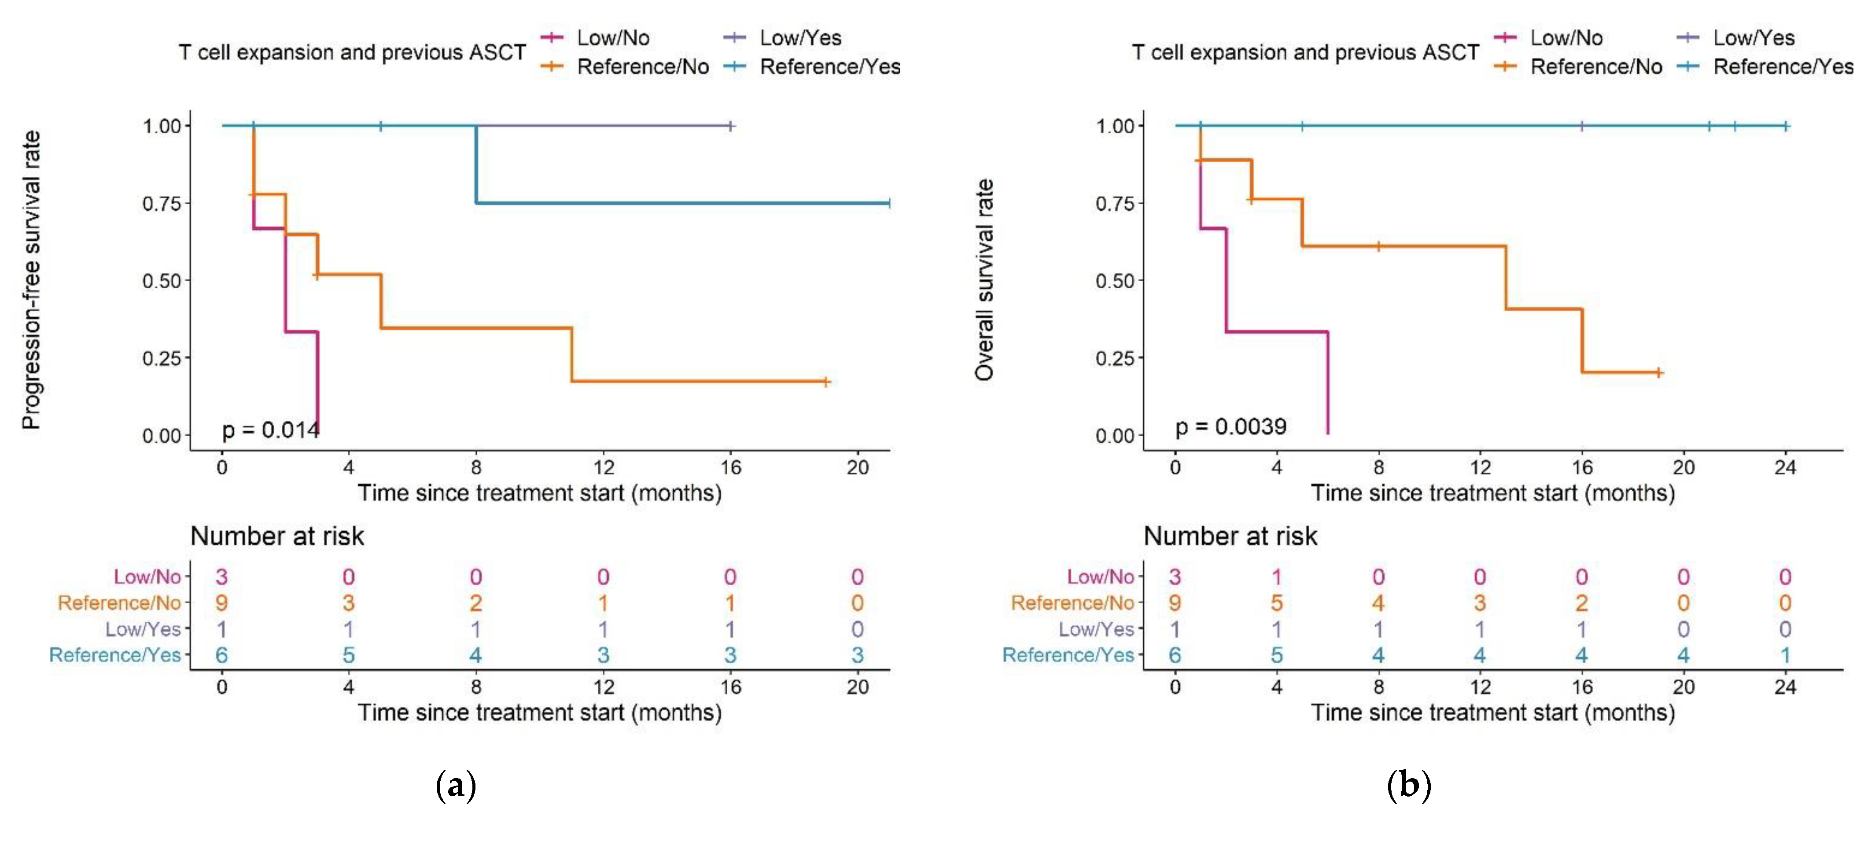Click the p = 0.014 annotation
coord(270,430)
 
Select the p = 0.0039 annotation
coord(1230,426)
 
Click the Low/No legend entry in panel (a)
coord(612,38)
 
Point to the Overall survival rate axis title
coord(984,280)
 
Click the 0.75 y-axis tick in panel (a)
coord(162,203)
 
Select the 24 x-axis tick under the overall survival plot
coord(1785,467)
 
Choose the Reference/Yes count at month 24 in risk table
coord(1785,655)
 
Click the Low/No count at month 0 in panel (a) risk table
coord(221,577)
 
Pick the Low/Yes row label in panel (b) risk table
coord(1096,629)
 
